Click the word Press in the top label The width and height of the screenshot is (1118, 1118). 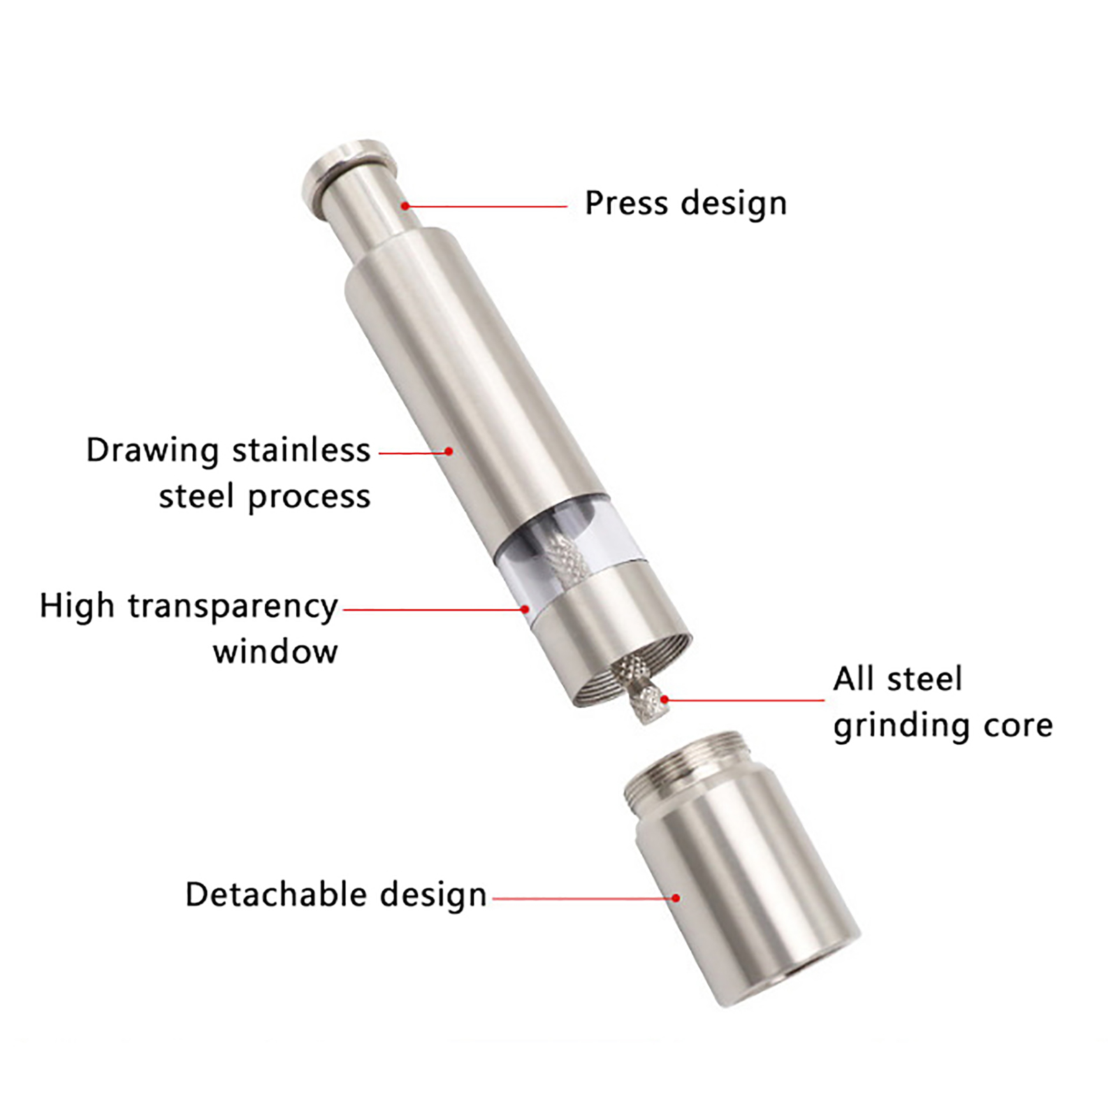tap(626, 203)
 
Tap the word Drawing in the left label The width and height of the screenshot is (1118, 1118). tap(152, 451)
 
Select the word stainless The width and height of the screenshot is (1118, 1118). tap(301, 450)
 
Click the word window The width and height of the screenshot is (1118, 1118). tap(275, 652)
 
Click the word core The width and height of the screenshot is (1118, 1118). tap(1018, 727)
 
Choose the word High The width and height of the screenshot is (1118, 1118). tap(76, 607)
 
